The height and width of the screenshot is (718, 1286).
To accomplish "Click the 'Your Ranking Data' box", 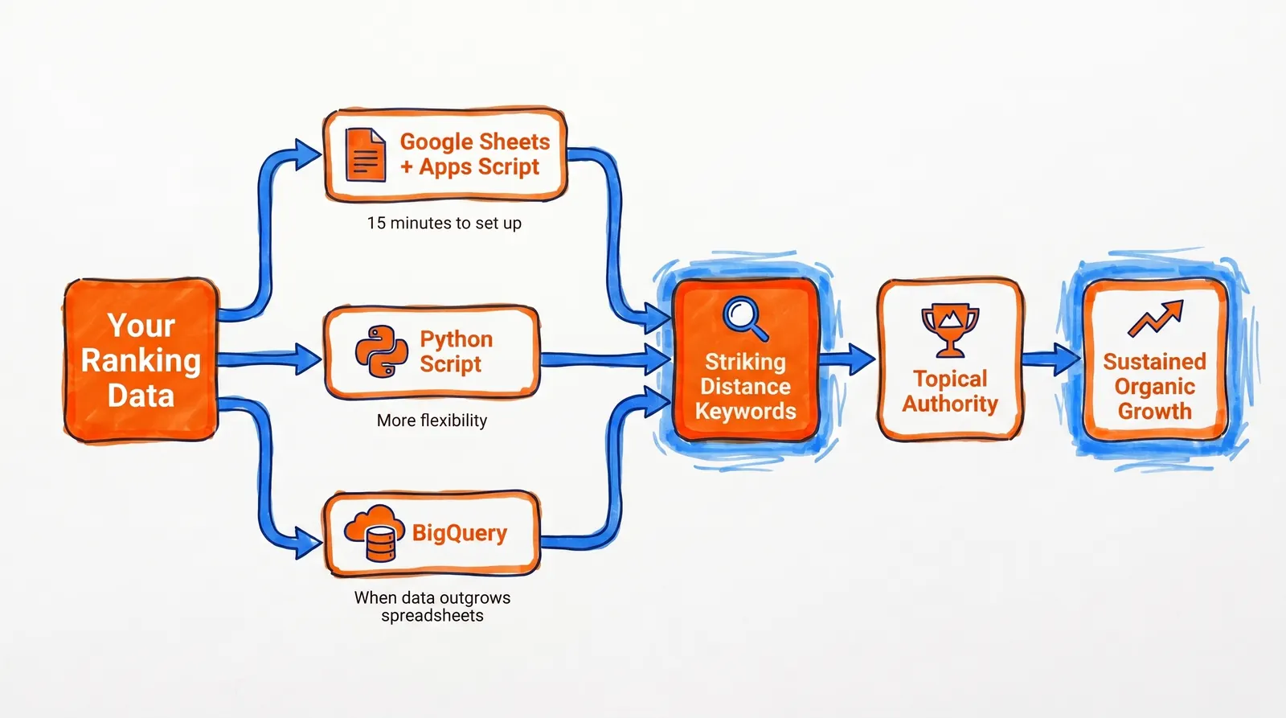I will click(x=141, y=360).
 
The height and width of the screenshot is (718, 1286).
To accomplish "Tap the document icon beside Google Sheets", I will click(x=365, y=154).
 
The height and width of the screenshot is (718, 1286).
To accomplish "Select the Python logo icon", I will click(x=381, y=351).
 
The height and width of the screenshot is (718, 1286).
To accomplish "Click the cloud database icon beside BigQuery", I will click(x=374, y=533).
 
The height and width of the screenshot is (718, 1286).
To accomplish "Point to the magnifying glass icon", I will click(x=745, y=318).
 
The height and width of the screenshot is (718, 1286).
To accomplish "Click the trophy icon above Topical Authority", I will click(x=950, y=329).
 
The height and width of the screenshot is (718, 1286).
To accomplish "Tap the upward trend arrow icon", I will click(x=1156, y=318).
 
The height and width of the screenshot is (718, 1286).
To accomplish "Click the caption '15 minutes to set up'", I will click(x=444, y=224).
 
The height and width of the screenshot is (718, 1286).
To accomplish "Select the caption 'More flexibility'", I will click(x=432, y=421).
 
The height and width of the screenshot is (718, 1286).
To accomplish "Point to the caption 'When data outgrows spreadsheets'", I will click(x=432, y=607).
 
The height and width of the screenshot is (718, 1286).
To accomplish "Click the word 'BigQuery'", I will click(x=460, y=533).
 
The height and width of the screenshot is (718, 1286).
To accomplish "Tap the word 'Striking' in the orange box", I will click(x=745, y=362).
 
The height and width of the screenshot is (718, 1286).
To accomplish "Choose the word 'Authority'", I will click(x=950, y=404).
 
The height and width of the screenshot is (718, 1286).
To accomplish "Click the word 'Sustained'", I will click(x=1154, y=362).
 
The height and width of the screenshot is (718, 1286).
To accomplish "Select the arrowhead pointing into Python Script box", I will click(x=308, y=359).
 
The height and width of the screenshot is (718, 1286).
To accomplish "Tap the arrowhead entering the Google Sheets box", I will click(x=308, y=154).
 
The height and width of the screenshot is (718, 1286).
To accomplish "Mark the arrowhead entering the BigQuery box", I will click(x=308, y=544).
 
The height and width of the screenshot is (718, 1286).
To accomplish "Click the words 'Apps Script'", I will click(x=479, y=167).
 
